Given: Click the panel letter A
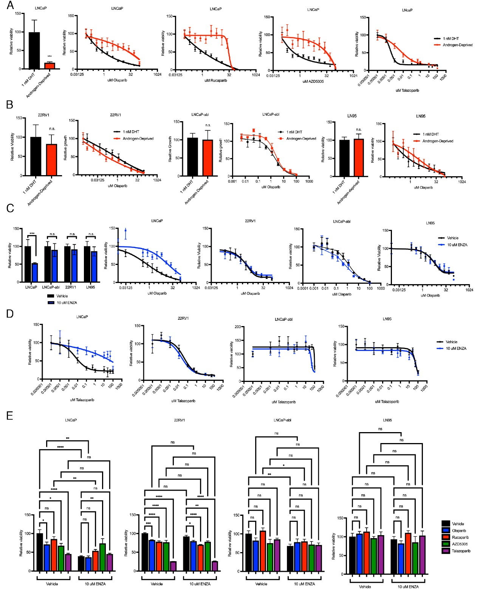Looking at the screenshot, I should (x=10, y=5).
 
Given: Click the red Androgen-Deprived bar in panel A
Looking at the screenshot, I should (x=50, y=66).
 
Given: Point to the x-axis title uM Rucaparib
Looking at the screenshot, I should (x=215, y=80).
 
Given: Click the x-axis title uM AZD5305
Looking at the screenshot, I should (x=313, y=81).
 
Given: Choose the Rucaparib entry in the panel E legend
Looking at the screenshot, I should (x=460, y=537).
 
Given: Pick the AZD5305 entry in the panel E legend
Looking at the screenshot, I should (x=460, y=544).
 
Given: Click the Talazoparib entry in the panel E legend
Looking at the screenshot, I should (x=461, y=551).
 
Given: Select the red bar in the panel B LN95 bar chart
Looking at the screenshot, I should (x=359, y=157).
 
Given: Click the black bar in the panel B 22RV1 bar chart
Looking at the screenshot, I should (x=36, y=156).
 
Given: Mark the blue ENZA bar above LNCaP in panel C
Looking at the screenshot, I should (x=35, y=272).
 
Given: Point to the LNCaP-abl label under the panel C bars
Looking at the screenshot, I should (x=51, y=287).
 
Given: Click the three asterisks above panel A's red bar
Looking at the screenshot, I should (x=50, y=56).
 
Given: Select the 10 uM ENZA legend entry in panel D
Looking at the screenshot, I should (x=456, y=348).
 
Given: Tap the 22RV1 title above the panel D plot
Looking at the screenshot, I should (x=183, y=319).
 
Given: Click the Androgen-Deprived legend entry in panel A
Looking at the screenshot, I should (x=457, y=45).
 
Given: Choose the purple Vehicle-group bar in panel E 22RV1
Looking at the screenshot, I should (x=173, y=566).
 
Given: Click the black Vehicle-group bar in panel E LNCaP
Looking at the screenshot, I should (x=40, y=552).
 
